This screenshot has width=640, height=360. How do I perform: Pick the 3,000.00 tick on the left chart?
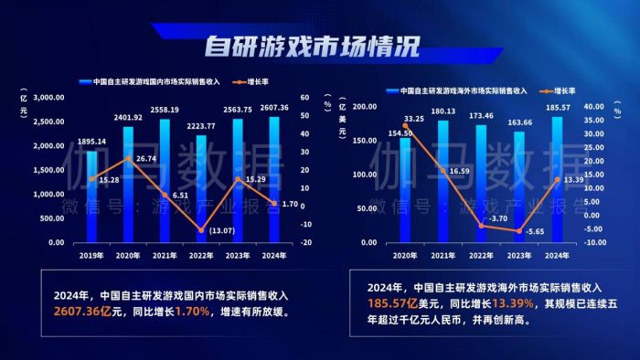pyautogui.click(x=48, y=97)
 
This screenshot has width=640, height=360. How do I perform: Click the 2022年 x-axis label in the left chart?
pyautogui.click(x=201, y=255)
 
